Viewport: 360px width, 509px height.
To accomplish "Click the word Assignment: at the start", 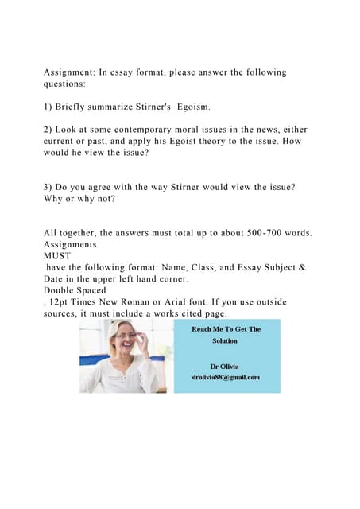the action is (70, 72).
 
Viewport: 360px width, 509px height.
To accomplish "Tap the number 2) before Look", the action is (48, 130).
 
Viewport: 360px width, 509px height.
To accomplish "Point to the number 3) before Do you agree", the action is (48, 187).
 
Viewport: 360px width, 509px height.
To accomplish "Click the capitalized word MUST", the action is (57, 256).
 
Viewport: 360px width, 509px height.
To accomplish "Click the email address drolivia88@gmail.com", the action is (226, 377).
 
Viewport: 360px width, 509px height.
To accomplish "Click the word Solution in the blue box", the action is (225, 341).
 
